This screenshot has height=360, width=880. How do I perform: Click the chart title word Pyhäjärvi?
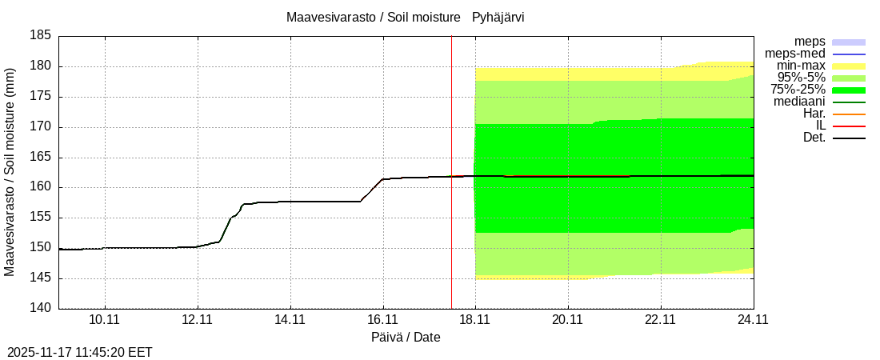point(498,17)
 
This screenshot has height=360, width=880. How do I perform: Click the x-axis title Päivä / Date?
point(406,337)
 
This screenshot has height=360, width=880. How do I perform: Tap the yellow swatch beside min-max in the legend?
point(849,66)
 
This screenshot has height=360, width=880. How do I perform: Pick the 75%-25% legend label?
point(798,90)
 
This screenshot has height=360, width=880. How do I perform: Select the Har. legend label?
point(813,114)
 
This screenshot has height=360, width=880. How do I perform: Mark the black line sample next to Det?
point(849,138)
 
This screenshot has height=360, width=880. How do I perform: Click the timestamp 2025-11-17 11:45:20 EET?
point(80,352)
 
